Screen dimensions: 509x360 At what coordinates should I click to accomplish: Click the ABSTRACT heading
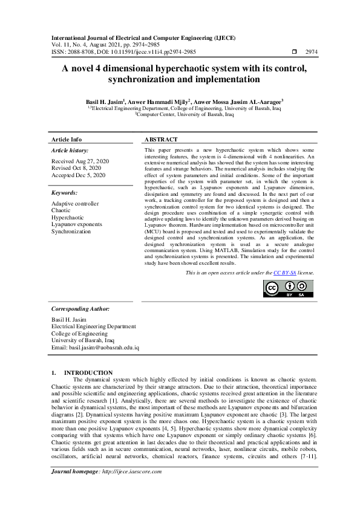(x=161, y=139)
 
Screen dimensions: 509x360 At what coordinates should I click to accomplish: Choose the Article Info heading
(x=67, y=139)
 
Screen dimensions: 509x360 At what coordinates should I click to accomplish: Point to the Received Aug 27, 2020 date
(x=80, y=162)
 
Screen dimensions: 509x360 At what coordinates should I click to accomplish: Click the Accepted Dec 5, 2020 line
(x=79, y=175)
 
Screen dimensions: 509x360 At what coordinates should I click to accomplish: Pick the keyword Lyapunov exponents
(x=77, y=224)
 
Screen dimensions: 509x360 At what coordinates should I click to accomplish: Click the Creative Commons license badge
(x=288, y=288)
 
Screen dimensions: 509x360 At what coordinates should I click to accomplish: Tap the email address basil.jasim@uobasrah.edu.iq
(x=96, y=348)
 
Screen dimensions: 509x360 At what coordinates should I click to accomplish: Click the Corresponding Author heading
(x=80, y=308)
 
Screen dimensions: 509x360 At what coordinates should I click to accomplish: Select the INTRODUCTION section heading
(x=88, y=372)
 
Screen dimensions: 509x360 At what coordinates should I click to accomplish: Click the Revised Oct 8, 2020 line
(x=76, y=169)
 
